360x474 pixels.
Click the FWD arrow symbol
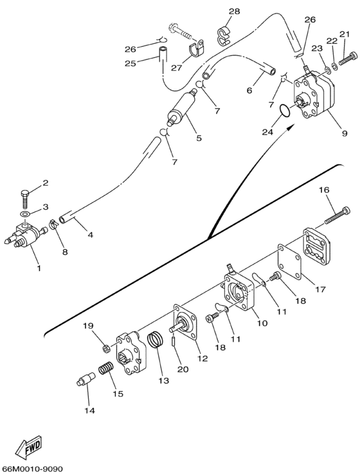30,446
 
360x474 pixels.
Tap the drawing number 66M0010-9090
32,469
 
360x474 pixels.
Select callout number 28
234,12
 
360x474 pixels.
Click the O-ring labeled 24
284,110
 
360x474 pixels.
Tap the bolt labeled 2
25,198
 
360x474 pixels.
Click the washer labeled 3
25,214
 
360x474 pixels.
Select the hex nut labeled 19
107,349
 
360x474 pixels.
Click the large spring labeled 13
156,340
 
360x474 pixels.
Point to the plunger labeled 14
85,379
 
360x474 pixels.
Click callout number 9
345,133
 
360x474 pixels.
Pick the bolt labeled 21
348,58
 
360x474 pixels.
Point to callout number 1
39,268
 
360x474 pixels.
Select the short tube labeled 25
163,54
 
